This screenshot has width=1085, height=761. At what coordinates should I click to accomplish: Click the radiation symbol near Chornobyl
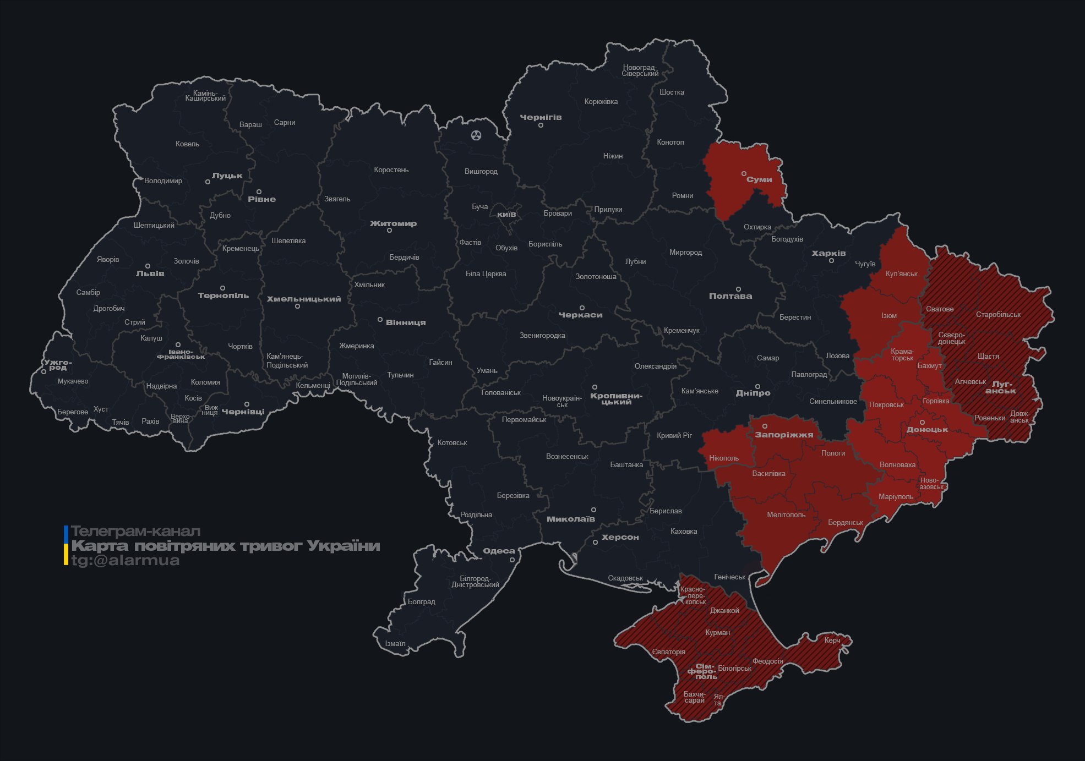click(x=476, y=135)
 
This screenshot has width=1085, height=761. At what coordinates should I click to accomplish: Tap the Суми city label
click(x=759, y=179)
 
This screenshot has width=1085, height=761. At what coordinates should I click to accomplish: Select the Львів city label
click(x=150, y=273)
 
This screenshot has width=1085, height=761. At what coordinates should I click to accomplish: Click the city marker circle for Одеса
click(x=512, y=560)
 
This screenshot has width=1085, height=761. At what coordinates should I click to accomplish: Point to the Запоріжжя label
click(x=784, y=435)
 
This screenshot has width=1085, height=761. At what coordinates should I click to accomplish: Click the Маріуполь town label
click(x=896, y=496)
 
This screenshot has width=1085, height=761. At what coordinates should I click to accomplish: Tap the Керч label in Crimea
click(x=832, y=640)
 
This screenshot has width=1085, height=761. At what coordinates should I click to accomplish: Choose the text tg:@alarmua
click(x=126, y=560)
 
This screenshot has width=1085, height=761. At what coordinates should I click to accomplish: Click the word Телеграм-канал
click(x=135, y=531)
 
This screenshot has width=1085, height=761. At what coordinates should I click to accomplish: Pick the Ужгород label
click(x=57, y=365)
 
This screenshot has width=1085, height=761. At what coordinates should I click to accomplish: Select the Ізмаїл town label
click(x=395, y=643)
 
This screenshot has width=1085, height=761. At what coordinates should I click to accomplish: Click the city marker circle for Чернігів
click(x=541, y=125)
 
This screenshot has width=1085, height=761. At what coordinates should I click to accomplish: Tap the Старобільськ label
click(x=998, y=315)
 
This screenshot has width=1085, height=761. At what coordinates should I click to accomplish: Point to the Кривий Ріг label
click(x=674, y=435)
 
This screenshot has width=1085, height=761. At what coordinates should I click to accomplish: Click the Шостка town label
click(x=672, y=92)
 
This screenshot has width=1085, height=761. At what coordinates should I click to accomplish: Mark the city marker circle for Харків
click(x=831, y=260)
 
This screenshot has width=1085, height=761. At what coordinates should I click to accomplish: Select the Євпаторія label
click(x=669, y=652)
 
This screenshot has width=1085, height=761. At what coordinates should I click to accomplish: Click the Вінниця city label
click(x=406, y=322)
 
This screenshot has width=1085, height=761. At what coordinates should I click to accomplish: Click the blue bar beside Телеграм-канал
click(x=66, y=533)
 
